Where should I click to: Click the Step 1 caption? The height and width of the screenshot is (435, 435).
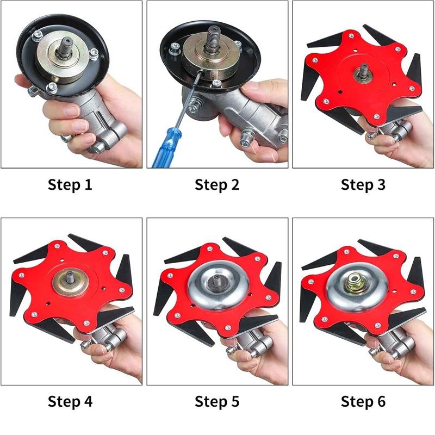tap(70, 185)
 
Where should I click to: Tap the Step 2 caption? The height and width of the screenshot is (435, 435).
tap(217, 185)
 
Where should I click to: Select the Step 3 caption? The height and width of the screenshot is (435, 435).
tap(363, 185)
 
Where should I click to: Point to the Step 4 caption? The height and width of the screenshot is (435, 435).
tap(70, 401)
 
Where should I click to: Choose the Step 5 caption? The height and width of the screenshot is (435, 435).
tap(217, 401)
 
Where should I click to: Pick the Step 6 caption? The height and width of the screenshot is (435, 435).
tap(363, 401)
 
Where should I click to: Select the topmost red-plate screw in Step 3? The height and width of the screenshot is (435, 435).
tap(351, 35)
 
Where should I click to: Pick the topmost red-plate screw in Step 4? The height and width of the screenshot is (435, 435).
tap(57, 246)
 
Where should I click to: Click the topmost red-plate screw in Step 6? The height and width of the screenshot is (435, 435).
tap(346, 252)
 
